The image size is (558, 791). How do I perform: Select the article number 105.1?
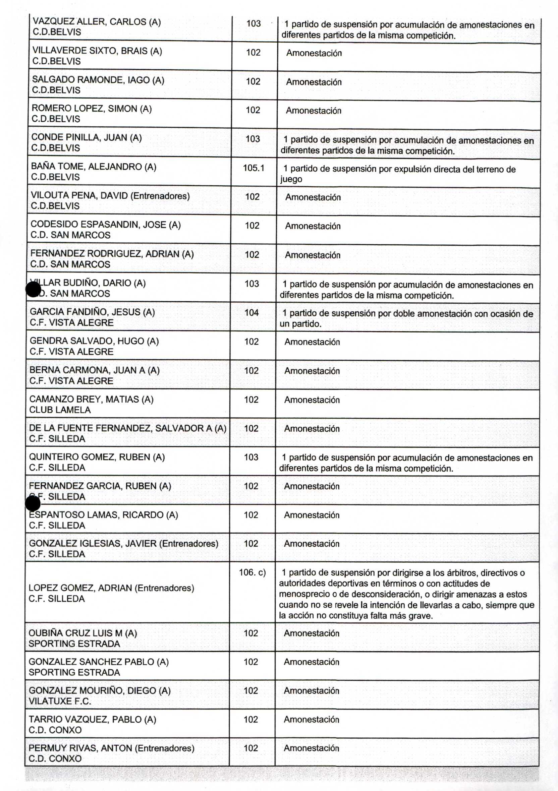[253, 168]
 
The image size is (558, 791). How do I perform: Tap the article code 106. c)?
[252, 572]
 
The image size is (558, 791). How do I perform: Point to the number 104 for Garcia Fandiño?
[252, 312]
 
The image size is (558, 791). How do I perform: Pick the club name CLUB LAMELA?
[60, 410]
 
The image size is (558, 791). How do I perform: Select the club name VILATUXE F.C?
[60, 701]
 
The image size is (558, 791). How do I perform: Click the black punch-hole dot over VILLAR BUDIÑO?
[34, 289]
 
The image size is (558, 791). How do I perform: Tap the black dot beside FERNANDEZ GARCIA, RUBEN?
[33, 504]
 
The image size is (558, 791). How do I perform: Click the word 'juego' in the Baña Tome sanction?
[291, 179]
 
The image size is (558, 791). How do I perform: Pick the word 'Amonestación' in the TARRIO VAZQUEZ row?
[312, 719]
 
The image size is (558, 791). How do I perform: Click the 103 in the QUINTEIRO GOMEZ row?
[251, 457]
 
